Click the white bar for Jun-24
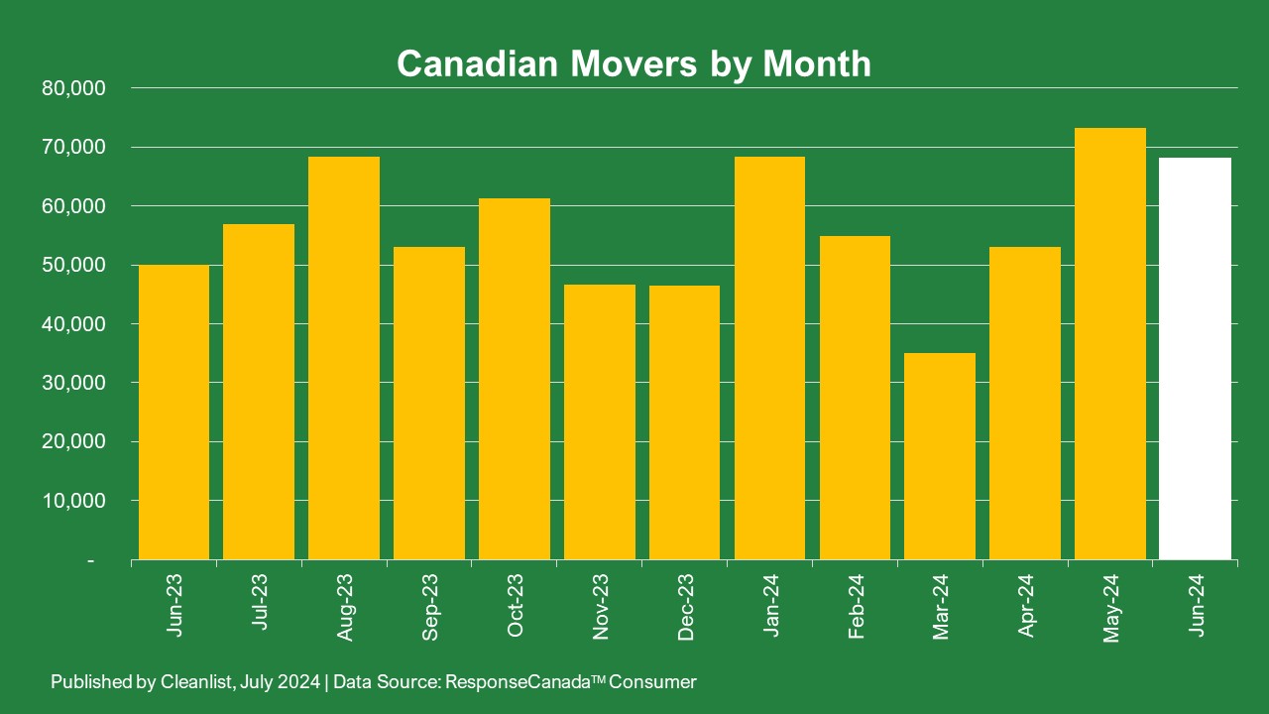(1196, 358)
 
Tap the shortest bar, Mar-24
(940, 456)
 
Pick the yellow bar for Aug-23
(344, 358)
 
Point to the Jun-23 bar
(173, 412)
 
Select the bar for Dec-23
(684, 422)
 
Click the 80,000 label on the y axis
(74, 88)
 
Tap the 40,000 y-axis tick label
(74, 324)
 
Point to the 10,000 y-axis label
(74, 501)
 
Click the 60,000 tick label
(74, 206)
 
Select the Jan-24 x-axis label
(770, 605)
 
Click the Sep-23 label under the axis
(429, 605)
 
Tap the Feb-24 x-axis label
(856, 605)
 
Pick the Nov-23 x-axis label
(600, 605)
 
